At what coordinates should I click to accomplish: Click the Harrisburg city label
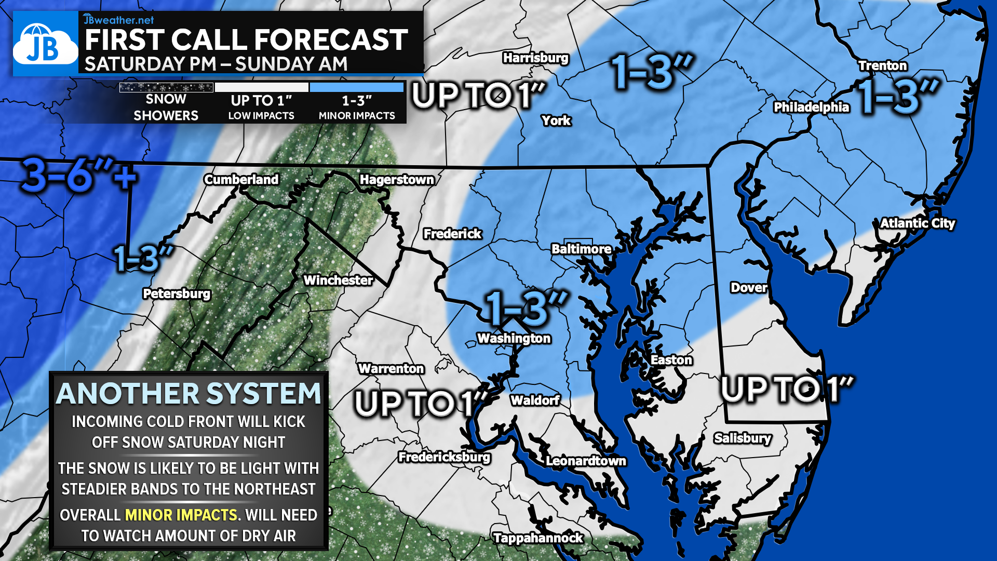coord(535,58)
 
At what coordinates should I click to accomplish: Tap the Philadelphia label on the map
coord(811,107)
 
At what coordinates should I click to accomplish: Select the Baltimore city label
coord(581,249)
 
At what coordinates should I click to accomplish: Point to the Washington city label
coord(514,338)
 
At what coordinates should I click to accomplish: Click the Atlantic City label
coord(918,223)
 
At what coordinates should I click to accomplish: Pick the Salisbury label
coord(742,438)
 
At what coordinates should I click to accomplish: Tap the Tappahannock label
coord(538,538)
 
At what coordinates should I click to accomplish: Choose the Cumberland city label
coord(241,179)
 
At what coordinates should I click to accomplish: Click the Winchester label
coord(338,280)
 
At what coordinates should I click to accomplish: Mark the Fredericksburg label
coord(444,457)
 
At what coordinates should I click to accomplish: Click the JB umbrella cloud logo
coord(45,45)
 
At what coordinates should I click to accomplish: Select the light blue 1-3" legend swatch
coord(357,87)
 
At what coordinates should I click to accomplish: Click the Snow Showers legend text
coord(166,107)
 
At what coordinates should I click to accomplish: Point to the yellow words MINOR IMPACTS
coord(181,515)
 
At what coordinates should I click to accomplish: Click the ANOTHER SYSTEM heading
coord(188,393)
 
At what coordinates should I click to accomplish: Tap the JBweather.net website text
coord(119,20)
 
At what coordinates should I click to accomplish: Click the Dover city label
coord(748,287)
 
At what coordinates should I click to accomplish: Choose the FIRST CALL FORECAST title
coord(246,39)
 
